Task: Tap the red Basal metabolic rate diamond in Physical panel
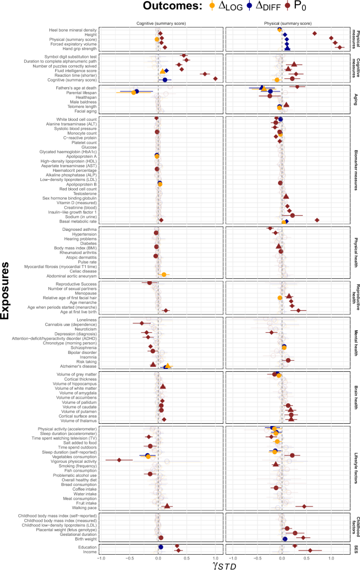point(317,221)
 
